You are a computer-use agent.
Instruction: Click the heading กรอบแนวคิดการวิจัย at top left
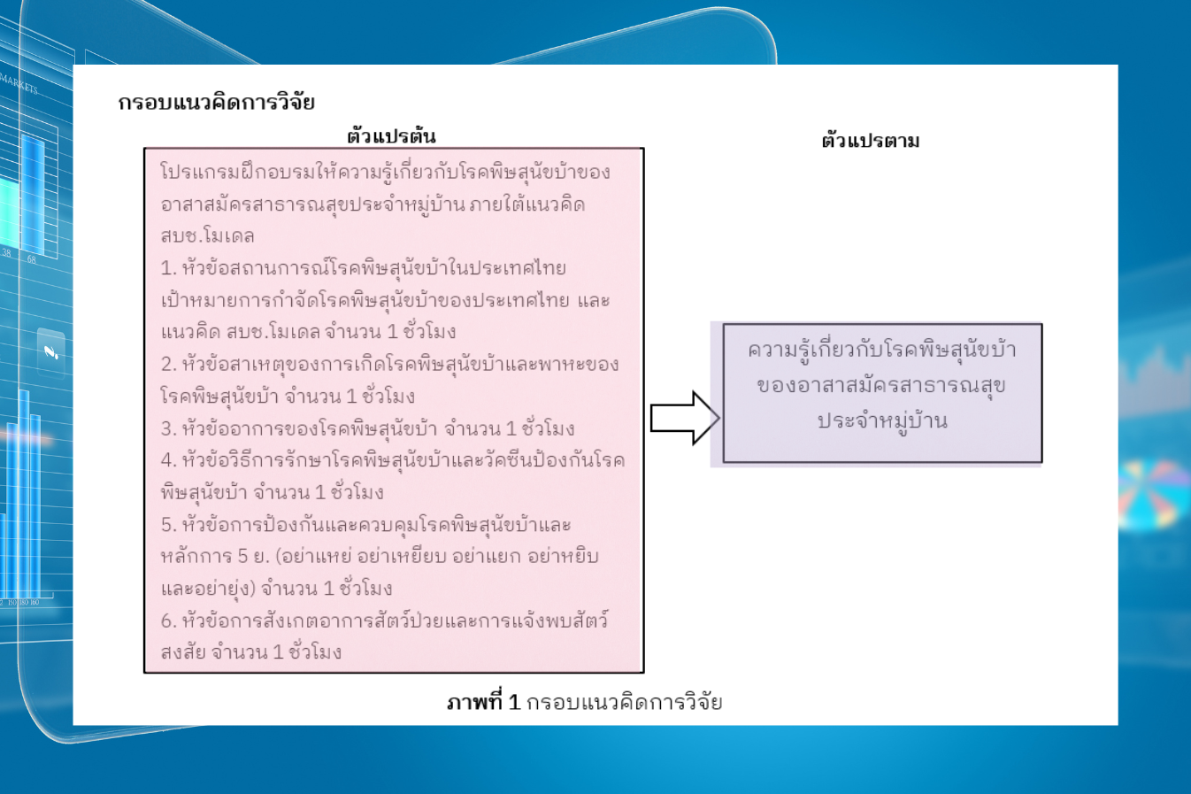click(x=217, y=102)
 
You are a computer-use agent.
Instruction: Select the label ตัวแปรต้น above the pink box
click(x=391, y=136)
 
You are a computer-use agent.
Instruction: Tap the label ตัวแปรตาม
click(x=871, y=141)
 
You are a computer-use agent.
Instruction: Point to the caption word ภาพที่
click(x=474, y=702)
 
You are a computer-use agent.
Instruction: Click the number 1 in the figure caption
click(x=513, y=703)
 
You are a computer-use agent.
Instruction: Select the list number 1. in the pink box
click(x=168, y=268)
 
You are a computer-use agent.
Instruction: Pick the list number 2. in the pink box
click(x=168, y=365)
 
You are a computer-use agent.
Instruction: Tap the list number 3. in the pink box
click(x=168, y=428)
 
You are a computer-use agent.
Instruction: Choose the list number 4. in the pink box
click(x=168, y=460)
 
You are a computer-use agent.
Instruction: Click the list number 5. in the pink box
click(x=168, y=525)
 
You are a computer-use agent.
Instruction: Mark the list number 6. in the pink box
click(x=168, y=621)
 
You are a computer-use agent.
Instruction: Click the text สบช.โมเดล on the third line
click(x=207, y=235)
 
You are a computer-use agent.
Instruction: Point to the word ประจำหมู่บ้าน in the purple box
click(x=882, y=421)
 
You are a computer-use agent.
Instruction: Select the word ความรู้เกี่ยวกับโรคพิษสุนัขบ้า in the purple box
click(x=882, y=350)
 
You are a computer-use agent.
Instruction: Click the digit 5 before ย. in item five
click(x=243, y=556)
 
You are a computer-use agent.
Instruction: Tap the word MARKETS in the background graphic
click(x=19, y=84)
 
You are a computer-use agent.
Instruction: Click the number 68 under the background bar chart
click(x=31, y=259)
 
